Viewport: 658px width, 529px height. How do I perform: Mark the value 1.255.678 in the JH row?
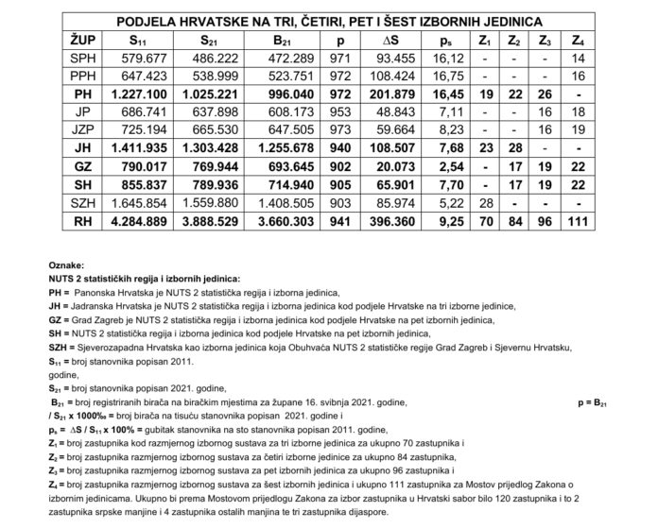click(x=286, y=149)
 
